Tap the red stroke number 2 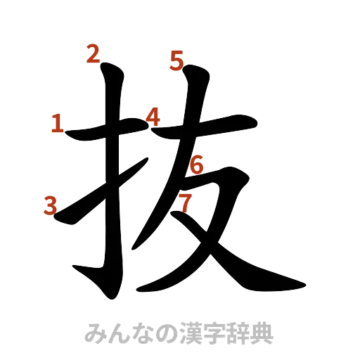pos(92,53)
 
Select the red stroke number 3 pos(49,205)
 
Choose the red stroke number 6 pos(197,166)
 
